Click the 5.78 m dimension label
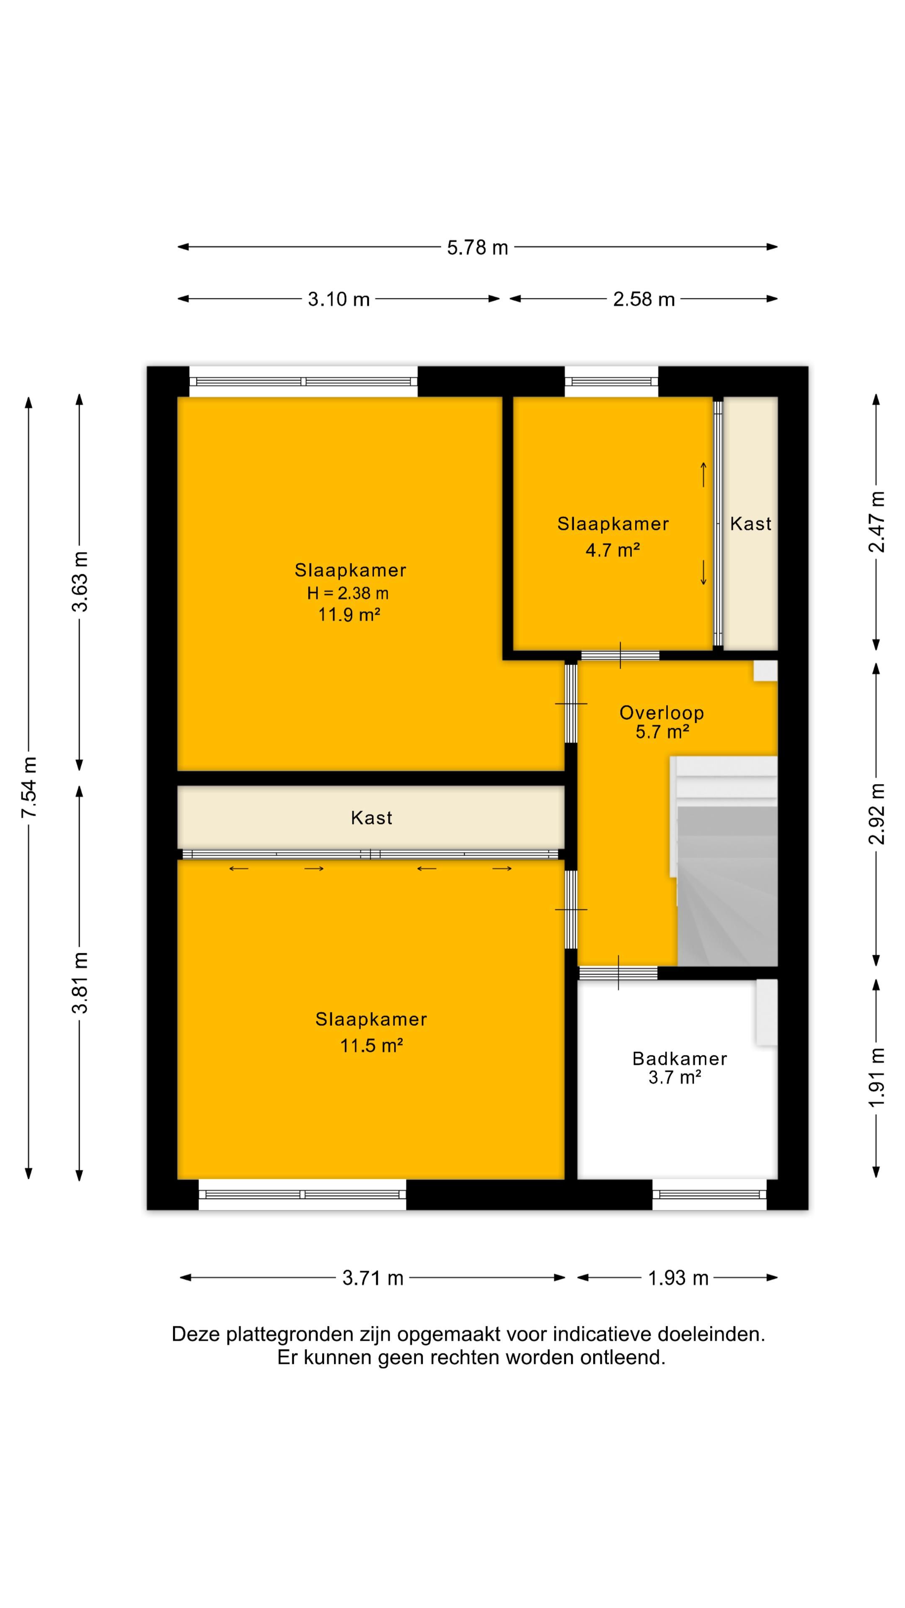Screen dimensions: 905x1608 [x=477, y=248]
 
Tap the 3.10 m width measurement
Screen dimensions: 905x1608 [x=339, y=300]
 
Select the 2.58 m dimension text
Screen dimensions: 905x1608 [x=644, y=300]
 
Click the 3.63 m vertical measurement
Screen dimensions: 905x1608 [x=80, y=581]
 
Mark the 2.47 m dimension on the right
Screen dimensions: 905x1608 [x=877, y=522]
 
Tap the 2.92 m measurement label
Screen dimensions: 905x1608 [x=877, y=813]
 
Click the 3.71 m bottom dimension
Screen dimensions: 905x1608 [x=373, y=1278]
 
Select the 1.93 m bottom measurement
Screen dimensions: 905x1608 [x=678, y=1278]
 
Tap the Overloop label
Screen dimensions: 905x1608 [x=662, y=713]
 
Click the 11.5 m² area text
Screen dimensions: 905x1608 [x=371, y=1046]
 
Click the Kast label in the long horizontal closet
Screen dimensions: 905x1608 [x=372, y=818]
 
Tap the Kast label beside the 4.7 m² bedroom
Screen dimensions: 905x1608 [x=751, y=524]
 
